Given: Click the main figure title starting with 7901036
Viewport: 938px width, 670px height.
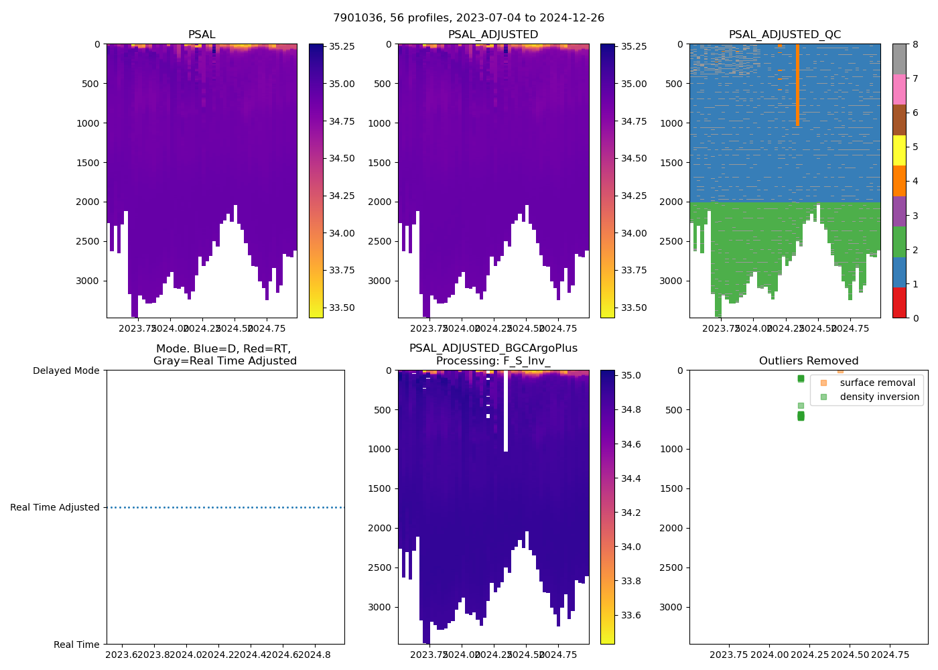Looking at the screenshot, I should [x=468, y=18].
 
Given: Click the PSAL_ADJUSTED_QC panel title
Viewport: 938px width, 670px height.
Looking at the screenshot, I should [x=785, y=35].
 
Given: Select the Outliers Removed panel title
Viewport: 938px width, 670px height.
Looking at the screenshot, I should [x=808, y=361].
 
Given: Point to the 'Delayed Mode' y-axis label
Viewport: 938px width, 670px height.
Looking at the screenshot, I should [x=66, y=371].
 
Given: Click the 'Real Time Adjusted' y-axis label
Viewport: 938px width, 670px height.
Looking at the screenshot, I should [x=54, y=507].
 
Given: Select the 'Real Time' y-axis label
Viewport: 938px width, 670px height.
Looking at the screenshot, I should [x=76, y=645].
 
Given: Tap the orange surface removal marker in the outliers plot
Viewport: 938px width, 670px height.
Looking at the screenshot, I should [x=840, y=371].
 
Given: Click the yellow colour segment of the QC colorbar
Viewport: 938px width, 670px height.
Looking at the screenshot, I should [x=899, y=150].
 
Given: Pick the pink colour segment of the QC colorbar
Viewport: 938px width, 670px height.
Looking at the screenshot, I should [x=899, y=89].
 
